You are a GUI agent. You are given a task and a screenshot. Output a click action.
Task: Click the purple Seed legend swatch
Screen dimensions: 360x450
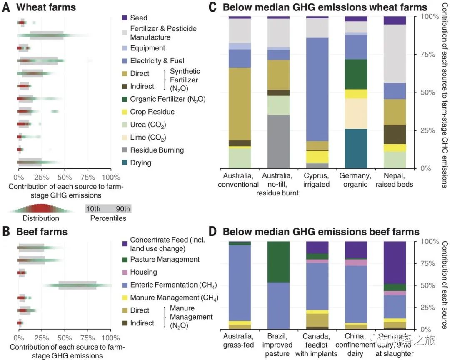tap(125, 17)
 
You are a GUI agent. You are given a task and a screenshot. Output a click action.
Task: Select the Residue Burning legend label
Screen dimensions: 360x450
tap(157, 150)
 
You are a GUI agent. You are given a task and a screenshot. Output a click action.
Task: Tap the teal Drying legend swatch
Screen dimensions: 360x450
tap(125, 163)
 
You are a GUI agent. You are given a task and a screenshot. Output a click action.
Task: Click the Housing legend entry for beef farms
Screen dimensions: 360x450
tap(143, 272)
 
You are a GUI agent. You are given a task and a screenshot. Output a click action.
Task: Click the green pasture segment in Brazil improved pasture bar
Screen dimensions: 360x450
tap(278, 262)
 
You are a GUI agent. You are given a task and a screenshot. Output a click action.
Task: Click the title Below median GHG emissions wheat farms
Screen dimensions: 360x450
tap(325, 7)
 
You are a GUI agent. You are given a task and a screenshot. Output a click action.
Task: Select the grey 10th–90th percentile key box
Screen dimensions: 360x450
tap(108, 209)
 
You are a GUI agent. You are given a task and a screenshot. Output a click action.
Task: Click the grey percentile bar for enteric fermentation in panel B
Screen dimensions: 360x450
tap(77, 285)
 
